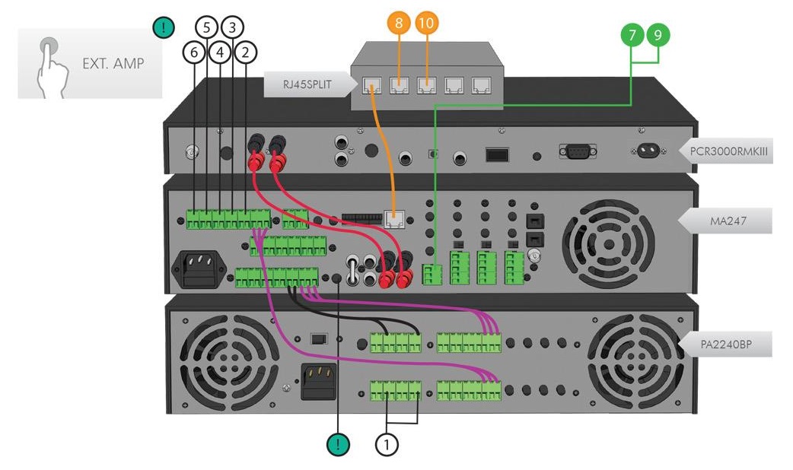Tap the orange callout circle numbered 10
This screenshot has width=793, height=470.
pos(426,24)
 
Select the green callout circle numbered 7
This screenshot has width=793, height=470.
pos(631,35)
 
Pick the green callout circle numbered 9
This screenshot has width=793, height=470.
pos(658,35)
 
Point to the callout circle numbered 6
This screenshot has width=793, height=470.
pos(194,52)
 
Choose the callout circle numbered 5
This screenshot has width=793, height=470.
pos(206,28)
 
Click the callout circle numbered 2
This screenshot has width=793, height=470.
pos(245,52)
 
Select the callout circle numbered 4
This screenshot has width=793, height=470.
pos(219,52)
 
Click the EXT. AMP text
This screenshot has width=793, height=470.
pos(113,64)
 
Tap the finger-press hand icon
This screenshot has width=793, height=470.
pos(49,65)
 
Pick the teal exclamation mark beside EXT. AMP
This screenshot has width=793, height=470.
pos(164,28)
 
